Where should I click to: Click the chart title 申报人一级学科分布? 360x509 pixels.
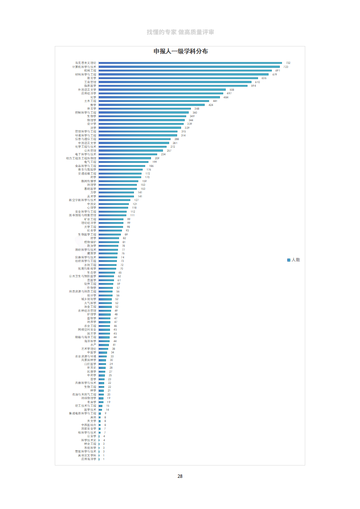[x=180, y=51]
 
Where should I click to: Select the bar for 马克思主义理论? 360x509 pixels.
[x=190, y=63]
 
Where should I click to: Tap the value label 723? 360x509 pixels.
[x=286, y=67]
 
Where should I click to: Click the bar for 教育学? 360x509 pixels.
[x=178, y=78]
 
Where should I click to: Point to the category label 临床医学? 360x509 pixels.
[x=90, y=86]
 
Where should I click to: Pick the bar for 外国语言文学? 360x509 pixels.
[x=162, y=90]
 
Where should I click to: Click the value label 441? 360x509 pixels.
[x=215, y=101]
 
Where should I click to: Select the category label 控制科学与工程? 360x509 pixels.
[x=86, y=112]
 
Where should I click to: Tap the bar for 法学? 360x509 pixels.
[x=140, y=128]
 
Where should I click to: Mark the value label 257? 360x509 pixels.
[x=169, y=151]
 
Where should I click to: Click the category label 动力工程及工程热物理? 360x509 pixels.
[x=81, y=158]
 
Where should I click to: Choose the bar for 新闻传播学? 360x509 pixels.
[x=118, y=181]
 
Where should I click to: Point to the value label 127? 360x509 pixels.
[x=136, y=200]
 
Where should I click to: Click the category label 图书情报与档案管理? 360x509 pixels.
[x=83, y=215]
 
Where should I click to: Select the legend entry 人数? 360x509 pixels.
[x=294, y=260]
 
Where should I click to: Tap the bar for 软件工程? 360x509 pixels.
[x=106, y=284]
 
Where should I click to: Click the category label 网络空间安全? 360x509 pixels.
[x=87, y=329]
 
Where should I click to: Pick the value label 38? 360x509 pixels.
[x=113, y=349]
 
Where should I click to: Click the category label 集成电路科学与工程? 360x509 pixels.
[x=83, y=413]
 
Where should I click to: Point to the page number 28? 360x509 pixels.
[x=180, y=476]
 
